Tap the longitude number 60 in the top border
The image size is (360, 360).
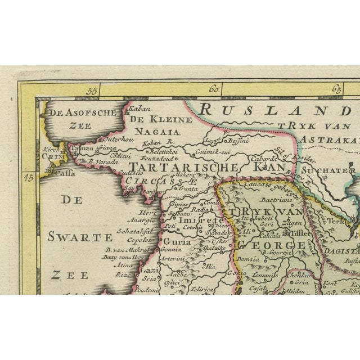tap(214, 89)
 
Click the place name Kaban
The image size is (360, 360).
tap(138, 110)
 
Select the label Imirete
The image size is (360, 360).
tap(195, 220)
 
